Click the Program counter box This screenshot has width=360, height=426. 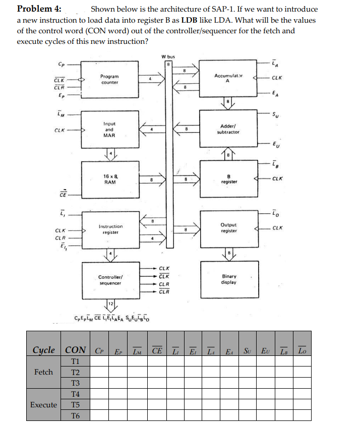coord(110,80)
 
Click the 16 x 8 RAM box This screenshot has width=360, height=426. coord(110,178)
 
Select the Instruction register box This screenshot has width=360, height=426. coord(110,229)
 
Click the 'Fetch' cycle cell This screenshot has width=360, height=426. coord(43,372)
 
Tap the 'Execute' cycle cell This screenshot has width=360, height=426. coord(43,405)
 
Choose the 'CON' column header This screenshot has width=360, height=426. coord(76,350)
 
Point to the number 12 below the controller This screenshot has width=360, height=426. coord(110,303)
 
